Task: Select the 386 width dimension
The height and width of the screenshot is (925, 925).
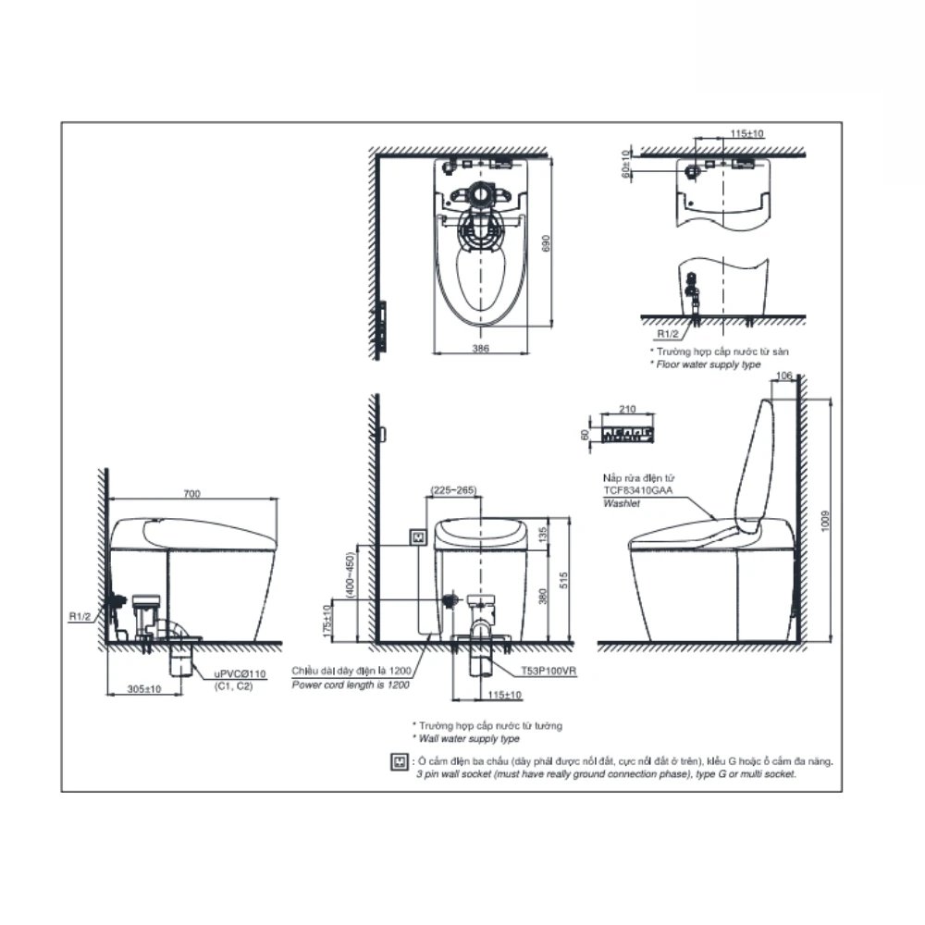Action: point(480,347)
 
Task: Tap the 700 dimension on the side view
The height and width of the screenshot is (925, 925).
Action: point(191,495)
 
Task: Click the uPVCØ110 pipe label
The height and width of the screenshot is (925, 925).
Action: point(238,676)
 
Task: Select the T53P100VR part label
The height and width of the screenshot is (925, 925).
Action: point(548,673)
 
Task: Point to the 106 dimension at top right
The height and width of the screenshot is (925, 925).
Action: point(785,376)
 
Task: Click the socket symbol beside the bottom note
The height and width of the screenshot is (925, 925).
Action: point(401,762)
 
